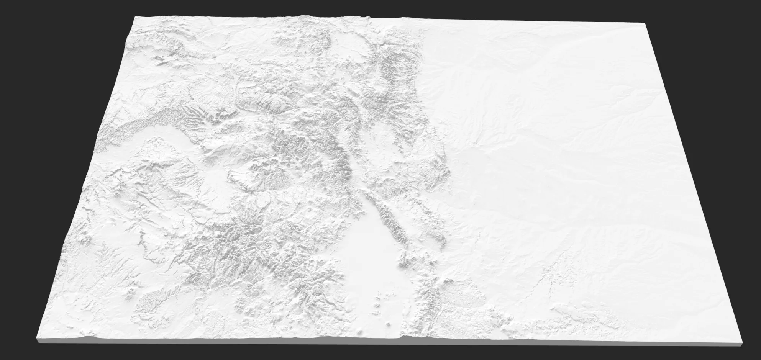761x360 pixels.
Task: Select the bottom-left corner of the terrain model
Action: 37,330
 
